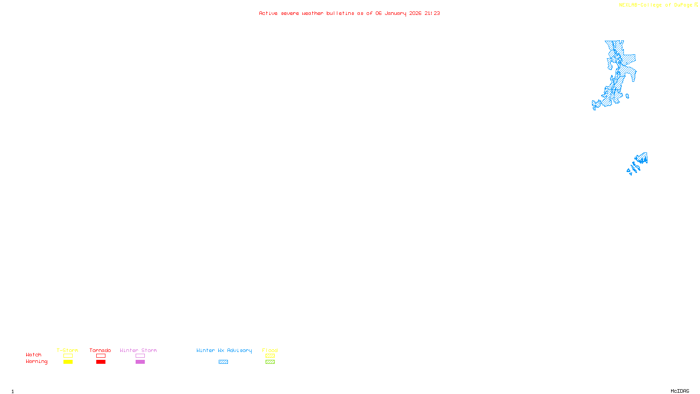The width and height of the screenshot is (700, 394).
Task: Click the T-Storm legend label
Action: (x=67, y=350)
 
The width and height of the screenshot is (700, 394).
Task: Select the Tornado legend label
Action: (x=100, y=350)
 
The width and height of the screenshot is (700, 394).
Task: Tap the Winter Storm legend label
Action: (x=138, y=350)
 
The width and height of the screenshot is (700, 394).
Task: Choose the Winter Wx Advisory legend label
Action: (x=224, y=350)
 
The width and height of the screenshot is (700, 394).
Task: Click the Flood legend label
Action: (x=270, y=350)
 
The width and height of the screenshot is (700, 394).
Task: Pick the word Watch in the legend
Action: (x=34, y=355)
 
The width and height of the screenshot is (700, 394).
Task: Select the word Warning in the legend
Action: (x=37, y=362)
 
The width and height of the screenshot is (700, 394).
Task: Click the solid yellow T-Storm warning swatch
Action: (x=68, y=362)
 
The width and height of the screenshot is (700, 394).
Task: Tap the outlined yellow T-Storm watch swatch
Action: (x=68, y=356)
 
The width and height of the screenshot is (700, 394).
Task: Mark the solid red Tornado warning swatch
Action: (x=101, y=362)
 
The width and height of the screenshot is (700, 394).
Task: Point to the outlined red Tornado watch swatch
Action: (x=101, y=356)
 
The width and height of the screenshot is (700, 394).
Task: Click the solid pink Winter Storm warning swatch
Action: (x=140, y=362)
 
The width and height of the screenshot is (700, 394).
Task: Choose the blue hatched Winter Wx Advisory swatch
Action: (x=223, y=362)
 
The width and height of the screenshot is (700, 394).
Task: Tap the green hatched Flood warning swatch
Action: (x=270, y=362)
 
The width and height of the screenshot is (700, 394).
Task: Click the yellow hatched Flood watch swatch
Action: (x=270, y=356)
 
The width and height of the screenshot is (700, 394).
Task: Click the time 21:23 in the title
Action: (x=432, y=13)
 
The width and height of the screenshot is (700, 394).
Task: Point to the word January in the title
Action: (x=395, y=13)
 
